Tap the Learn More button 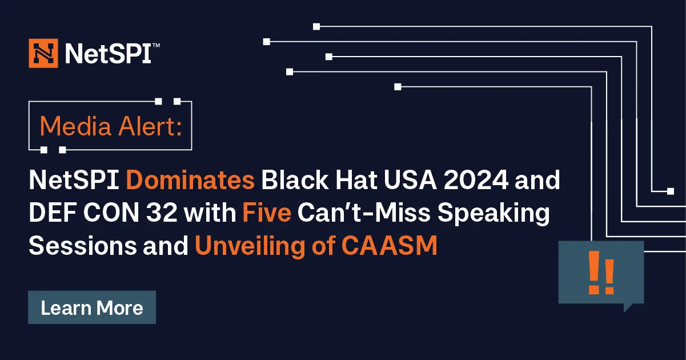click(92, 308)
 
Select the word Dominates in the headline click(190, 181)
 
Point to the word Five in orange click(267, 214)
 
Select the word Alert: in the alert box click(150, 126)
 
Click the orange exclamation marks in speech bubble click(601, 275)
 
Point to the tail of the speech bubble click(628, 307)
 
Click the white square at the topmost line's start click(316, 26)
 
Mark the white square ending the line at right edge click(671, 191)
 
